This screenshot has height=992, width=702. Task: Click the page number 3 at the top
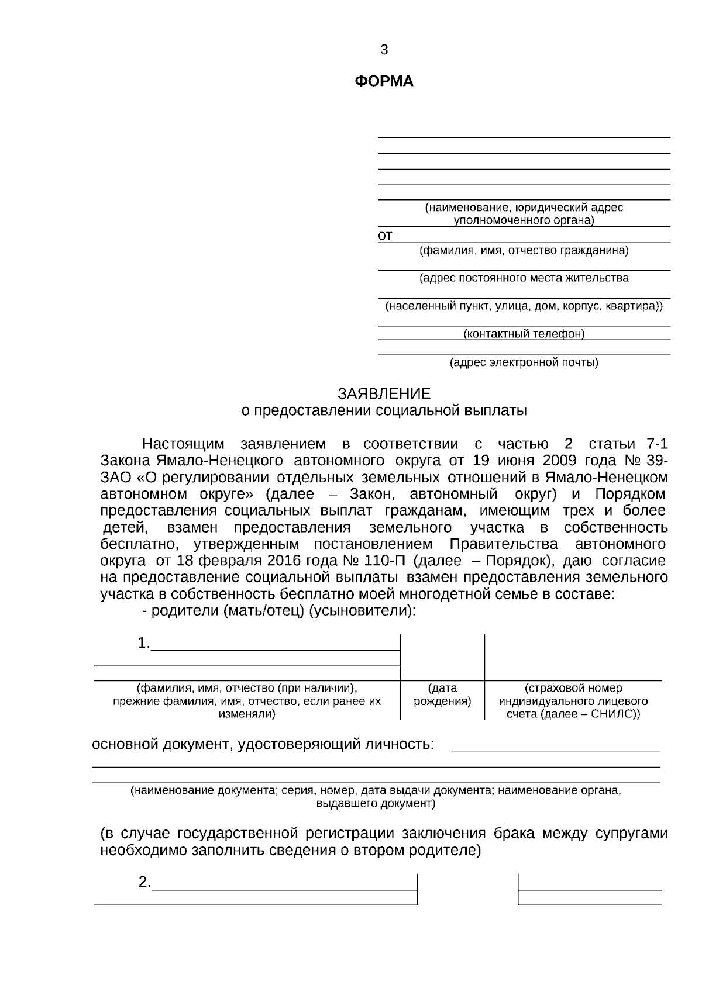384,50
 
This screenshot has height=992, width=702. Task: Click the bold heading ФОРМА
384,82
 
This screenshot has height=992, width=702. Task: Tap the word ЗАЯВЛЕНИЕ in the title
384,393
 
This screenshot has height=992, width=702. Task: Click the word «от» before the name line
385,236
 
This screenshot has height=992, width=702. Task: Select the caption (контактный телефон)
524,334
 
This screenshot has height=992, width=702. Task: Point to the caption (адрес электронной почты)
524,363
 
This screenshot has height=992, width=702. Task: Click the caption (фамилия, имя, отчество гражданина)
524,251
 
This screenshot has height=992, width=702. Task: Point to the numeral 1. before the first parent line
143,644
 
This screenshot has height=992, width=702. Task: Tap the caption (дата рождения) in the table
442,695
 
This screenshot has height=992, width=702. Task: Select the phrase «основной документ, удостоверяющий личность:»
263,745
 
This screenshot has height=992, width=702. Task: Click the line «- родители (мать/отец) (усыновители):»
279,611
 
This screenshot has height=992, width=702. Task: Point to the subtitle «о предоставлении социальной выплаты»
384,411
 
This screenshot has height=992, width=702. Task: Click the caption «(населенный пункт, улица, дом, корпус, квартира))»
524,306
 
